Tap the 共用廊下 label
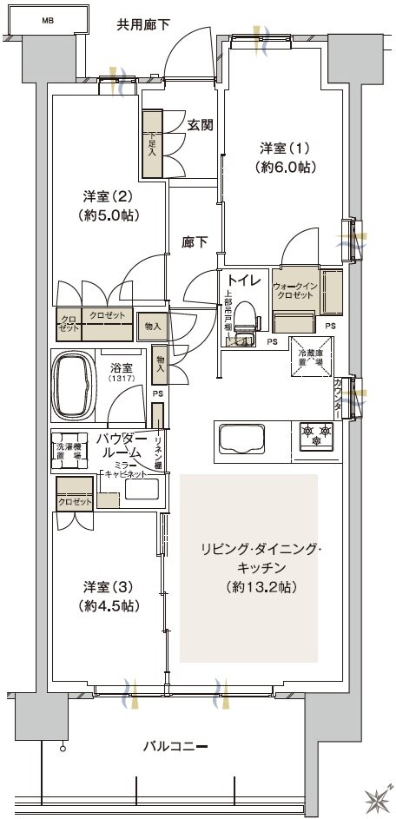pos(143,24)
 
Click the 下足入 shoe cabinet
pos(153,144)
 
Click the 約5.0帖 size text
pos(109,215)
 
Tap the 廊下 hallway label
pos(195,242)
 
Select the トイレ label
pos(242,280)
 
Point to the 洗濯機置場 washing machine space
pos(69,445)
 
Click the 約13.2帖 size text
pos(249,587)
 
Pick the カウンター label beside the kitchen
pos(338,396)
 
